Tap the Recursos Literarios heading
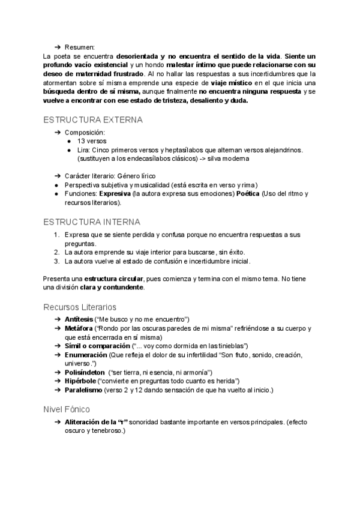(x=80, y=307)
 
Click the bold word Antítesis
(x=79, y=318)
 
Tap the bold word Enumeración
(x=86, y=355)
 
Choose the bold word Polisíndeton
(x=85, y=373)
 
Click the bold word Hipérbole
(x=80, y=381)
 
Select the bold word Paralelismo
(x=83, y=390)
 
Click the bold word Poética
(x=245, y=194)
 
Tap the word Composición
(x=85, y=132)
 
